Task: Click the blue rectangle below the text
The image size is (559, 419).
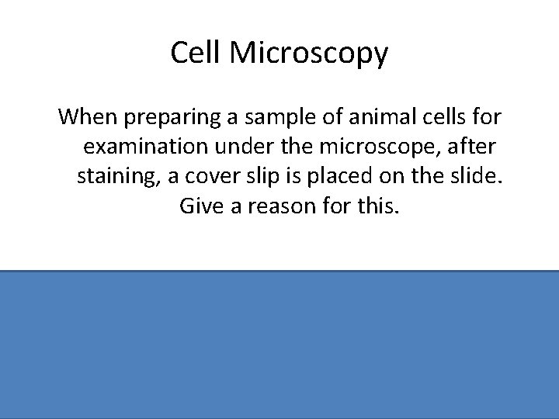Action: [x=279, y=345]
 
